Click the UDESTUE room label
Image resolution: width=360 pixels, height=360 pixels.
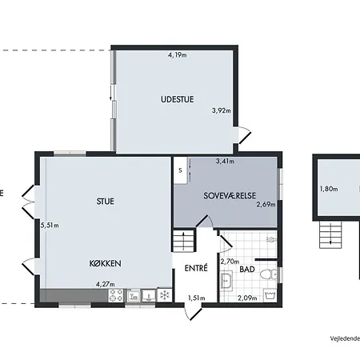[x=178, y=99]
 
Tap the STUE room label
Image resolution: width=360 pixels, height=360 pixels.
[x=106, y=202]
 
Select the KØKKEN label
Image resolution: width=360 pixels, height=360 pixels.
[x=106, y=263]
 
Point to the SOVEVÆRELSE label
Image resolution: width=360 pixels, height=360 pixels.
[x=230, y=196]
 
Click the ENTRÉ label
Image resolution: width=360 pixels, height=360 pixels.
[x=196, y=268]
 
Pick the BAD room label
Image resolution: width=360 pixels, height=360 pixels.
[x=247, y=270]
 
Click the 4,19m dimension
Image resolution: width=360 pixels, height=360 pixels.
[x=178, y=55]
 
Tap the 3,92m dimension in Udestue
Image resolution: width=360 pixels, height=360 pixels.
[x=222, y=110]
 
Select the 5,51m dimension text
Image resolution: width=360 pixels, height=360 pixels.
[x=50, y=226]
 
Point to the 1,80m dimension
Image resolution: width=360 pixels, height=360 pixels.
[x=329, y=189]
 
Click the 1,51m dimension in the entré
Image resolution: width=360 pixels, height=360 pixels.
[x=197, y=298]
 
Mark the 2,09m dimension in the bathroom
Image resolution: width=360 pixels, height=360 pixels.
[x=247, y=298]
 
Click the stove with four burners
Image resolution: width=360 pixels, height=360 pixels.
[x=117, y=295]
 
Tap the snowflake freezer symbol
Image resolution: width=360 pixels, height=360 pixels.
[x=165, y=295]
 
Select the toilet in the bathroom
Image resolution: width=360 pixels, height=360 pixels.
[x=269, y=274]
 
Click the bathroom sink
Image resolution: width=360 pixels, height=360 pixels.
[x=227, y=281]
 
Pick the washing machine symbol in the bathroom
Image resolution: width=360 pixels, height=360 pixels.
[x=270, y=295]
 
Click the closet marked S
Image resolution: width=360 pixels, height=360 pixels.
[x=181, y=170]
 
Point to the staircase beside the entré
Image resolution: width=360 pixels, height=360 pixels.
[x=183, y=241]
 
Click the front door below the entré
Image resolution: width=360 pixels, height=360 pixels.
[x=193, y=311]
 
